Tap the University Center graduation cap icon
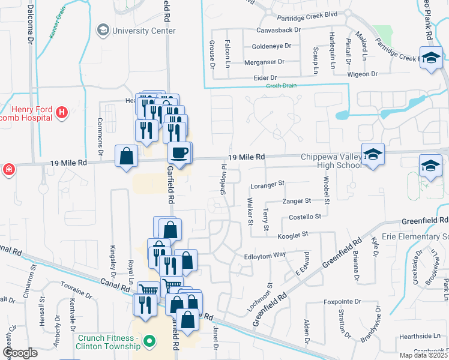coord(103,30)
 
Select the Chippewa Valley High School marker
coord(373,154)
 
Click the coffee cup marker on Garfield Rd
coord(179,152)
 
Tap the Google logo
coord(20,353)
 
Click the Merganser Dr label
coord(264,62)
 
